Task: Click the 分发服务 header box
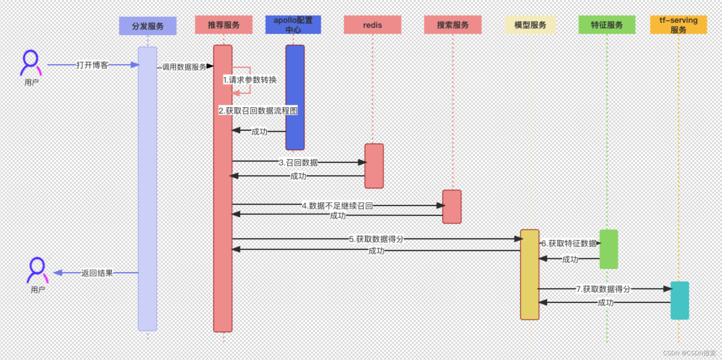pyautogui.click(x=147, y=26)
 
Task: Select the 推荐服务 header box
pyautogui.click(x=224, y=25)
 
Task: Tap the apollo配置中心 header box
pyautogui.click(x=293, y=25)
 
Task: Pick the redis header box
pyautogui.click(x=372, y=25)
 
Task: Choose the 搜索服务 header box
pyautogui.click(x=452, y=25)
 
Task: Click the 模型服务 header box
pyautogui.click(x=530, y=25)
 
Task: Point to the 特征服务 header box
pyautogui.click(x=607, y=25)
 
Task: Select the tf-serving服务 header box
pyautogui.click(x=678, y=25)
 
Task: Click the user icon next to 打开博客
pyautogui.click(x=31, y=62)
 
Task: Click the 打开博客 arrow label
pyautogui.click(x=92, y=65)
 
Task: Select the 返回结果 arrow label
pyautogui.click(x=97, y=273)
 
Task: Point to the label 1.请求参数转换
pyautogui.click(x=250, y=80)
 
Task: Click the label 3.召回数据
pyautogui.click(x=298, y=162)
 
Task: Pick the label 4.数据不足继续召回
pyautogui.click(x=337, y=205)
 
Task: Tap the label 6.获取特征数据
pyautogui.click(x=569, y=243)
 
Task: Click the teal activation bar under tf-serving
pyautogui.click(x=680, y=300)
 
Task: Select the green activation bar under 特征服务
pyautogui.click(x=609, y=249)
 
